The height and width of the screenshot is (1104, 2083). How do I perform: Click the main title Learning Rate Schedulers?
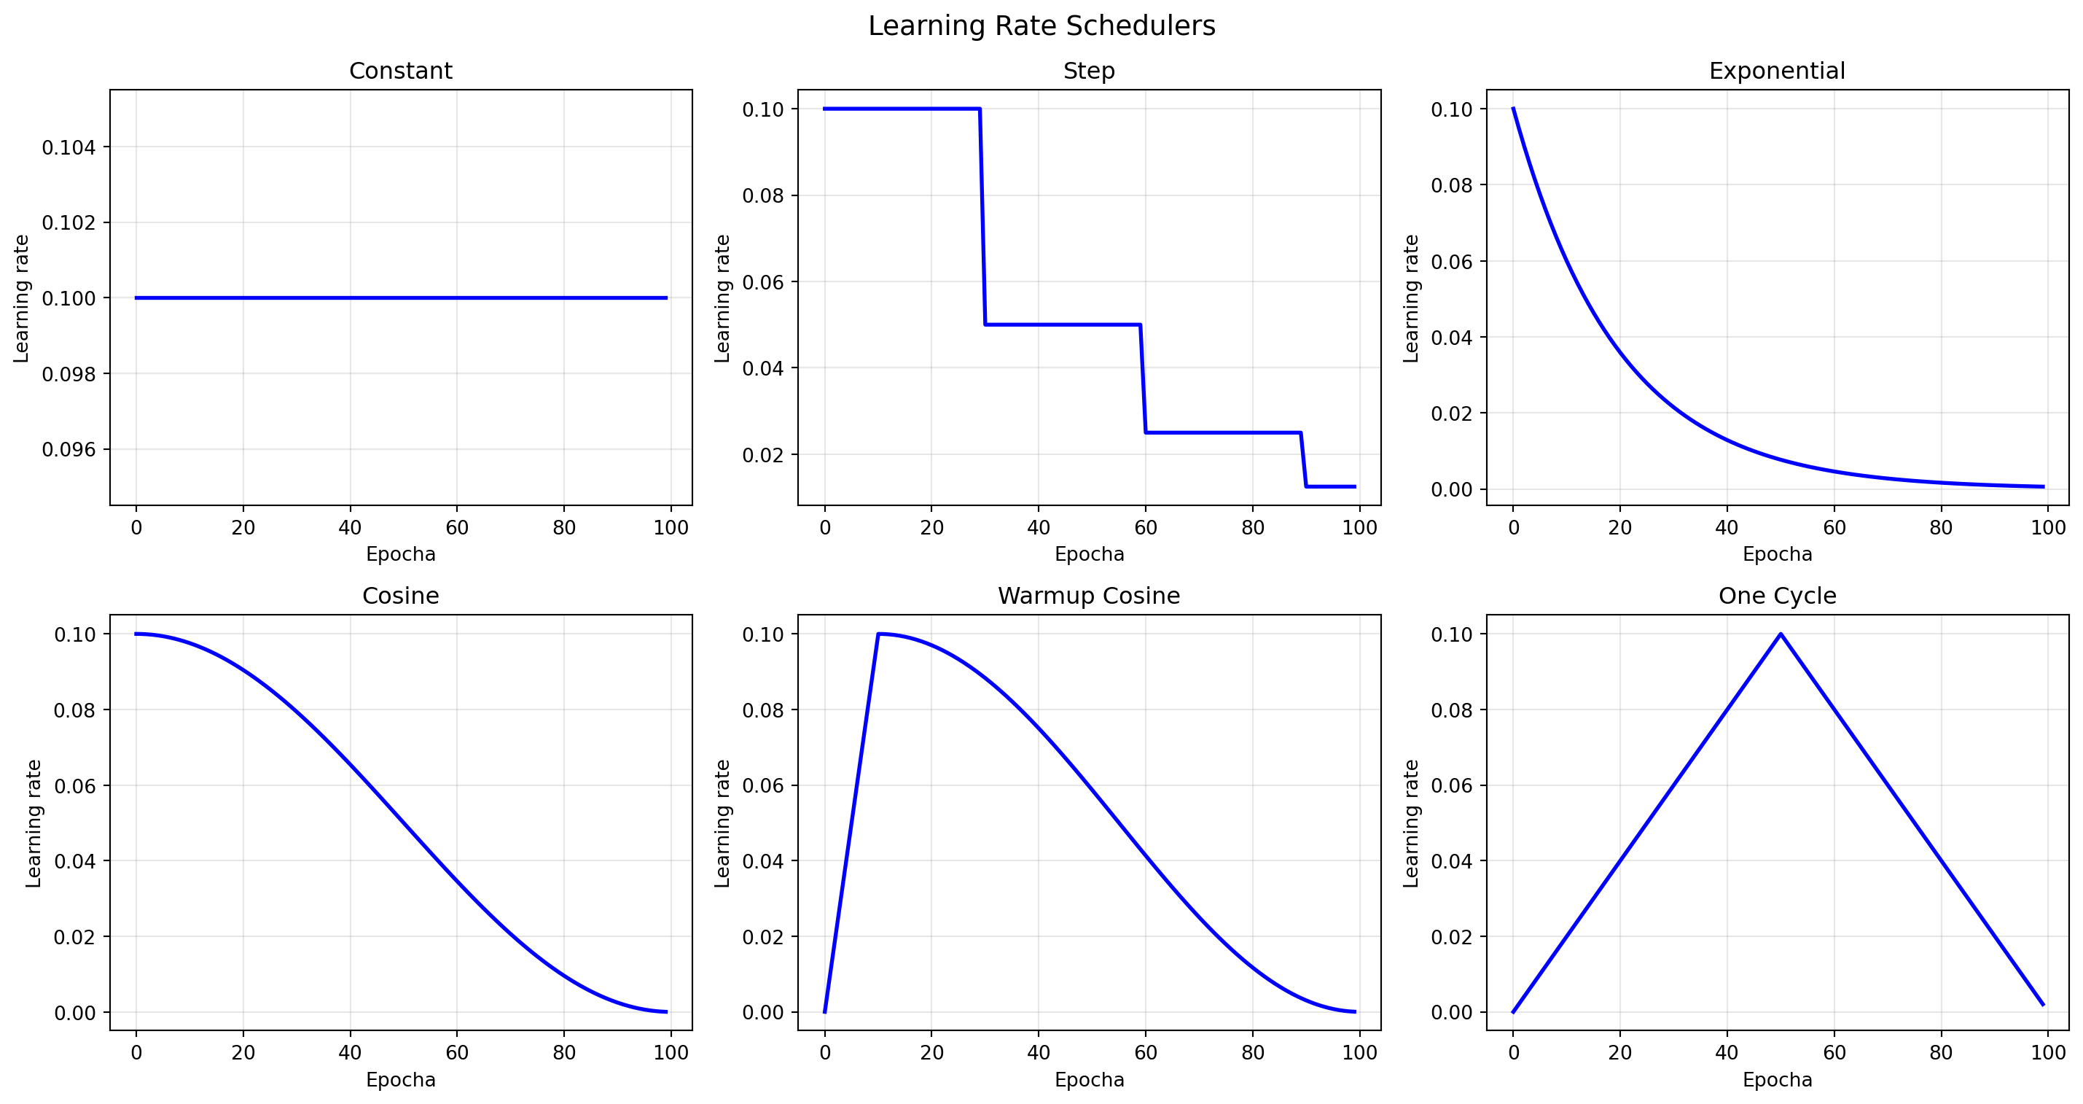point(1041,26)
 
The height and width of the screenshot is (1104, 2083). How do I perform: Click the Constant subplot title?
point(400,71)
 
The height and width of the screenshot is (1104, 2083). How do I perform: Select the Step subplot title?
point(1088,71)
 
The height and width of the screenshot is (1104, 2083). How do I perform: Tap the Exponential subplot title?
point(1777,71)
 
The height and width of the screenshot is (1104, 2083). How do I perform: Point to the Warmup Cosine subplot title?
point(1088,596)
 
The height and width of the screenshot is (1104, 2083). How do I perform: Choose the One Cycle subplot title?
point(1777,596)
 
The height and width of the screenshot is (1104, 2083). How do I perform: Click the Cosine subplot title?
point(400,596)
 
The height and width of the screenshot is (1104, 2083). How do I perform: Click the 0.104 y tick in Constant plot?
point(69,147)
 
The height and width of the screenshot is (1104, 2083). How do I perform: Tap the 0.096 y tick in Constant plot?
point(69,450)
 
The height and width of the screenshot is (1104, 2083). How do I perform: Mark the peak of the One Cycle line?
point(1781,634)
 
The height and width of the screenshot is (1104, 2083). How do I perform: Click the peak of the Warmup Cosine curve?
point(878,634)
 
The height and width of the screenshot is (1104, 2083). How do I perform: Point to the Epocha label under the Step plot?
point(1088,555)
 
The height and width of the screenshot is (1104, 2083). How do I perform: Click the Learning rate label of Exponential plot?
point(1411,298)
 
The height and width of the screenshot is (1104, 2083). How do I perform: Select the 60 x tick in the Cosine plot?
point(457,1052)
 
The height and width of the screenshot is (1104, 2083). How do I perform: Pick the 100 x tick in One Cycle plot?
point(2048,1052)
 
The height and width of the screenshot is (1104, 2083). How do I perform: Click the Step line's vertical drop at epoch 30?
point(982,217)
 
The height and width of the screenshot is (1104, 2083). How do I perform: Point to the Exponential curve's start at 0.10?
point(1513,109)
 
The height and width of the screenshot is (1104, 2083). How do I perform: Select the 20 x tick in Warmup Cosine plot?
point(931,1052)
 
